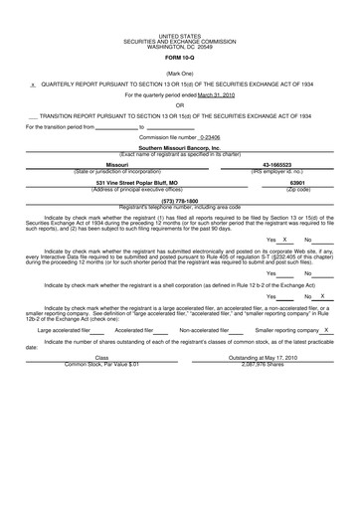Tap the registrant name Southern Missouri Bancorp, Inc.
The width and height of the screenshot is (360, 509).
(x=179, y=146)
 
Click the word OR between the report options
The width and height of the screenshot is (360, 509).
(x=179, y=104)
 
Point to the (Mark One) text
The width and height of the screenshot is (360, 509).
(x=179, y=74)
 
